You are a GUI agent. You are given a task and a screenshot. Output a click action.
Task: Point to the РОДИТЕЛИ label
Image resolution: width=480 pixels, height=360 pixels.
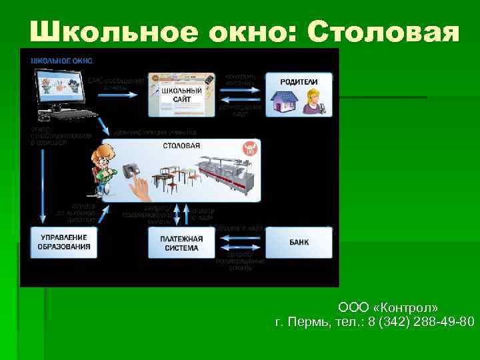(298, 81)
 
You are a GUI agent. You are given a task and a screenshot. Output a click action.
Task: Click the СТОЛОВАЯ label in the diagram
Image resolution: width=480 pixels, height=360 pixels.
(182, 145)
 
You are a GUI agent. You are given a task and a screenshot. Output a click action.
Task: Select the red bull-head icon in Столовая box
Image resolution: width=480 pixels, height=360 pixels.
(251, 149)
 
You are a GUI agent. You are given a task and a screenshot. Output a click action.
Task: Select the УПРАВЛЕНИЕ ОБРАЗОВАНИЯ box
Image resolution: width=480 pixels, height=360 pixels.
(64, 242)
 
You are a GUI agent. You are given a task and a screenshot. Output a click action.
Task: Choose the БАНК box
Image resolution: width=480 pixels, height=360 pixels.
(299, 242)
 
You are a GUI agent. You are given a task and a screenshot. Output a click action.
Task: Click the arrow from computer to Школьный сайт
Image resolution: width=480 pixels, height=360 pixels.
(120, 94)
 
